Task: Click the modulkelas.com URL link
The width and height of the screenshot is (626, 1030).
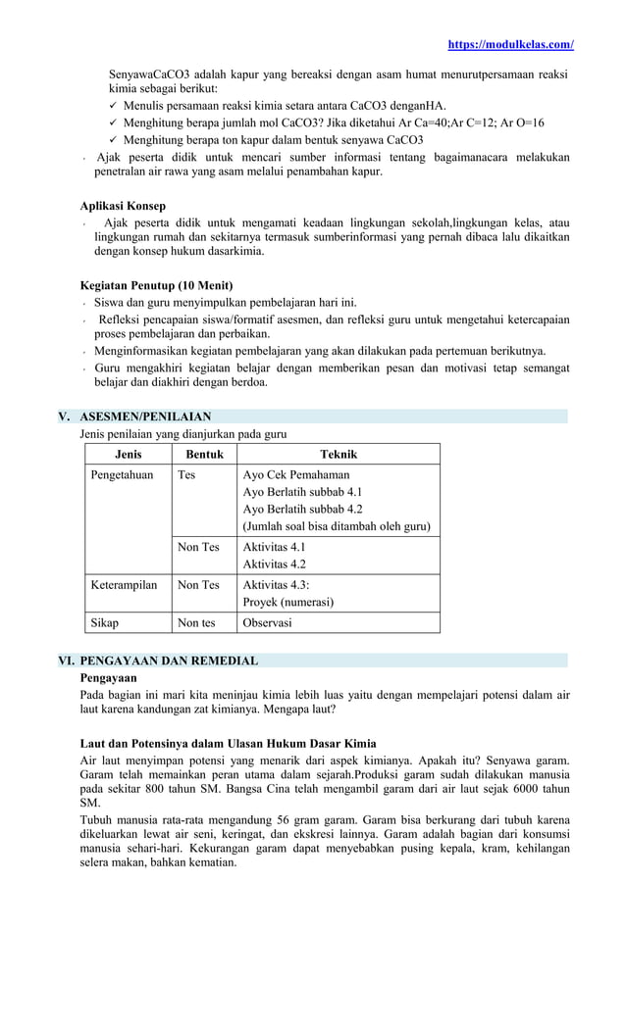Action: (x=510, y=44)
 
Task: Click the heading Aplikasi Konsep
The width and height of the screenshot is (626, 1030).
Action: (x=123, y=206)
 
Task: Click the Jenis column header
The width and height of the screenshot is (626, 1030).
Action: (x=128, y=454)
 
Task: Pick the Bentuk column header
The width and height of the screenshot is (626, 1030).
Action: (x=204, y=454)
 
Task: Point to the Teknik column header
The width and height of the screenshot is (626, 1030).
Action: (x=339, y=454)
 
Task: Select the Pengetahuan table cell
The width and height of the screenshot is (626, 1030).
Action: (x=122, y=474)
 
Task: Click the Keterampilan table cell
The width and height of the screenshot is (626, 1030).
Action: (x=124, y=585)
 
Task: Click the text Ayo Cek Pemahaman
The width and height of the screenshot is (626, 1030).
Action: (x=295, y=474)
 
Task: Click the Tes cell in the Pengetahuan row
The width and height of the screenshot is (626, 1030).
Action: (x=186, y=474)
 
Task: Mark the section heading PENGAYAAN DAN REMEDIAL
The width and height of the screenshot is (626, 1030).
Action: (x=169, y=661)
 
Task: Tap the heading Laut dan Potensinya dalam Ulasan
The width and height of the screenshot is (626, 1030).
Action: (x=228, y=743)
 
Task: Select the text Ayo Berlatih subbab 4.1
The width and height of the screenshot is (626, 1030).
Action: (x=302, y=492)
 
